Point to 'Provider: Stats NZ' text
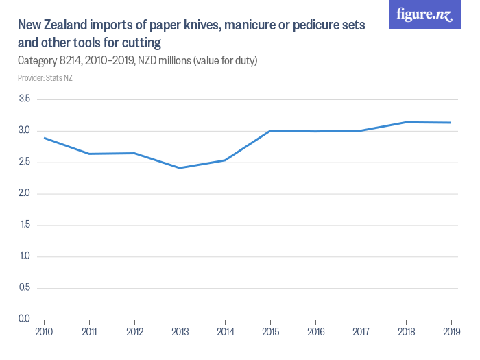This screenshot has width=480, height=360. [45, 78]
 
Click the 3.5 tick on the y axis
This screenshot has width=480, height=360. [25, 99]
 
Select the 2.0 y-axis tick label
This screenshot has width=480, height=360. [25, 193]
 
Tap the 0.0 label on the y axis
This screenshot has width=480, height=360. [25, 319]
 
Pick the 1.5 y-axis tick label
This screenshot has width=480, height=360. [25, 225]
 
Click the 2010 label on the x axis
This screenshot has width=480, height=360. [45, 331]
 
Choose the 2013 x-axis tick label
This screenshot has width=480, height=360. [180, 331]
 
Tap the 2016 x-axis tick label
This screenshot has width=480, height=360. [315, 331]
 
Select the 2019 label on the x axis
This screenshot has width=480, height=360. [451, 331]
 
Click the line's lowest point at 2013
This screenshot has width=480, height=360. [180, 168]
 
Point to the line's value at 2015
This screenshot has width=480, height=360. [270, 130]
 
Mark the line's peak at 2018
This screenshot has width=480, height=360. [406, 122]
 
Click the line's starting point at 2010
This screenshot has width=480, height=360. [45, 138]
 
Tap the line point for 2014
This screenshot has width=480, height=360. [225, 160]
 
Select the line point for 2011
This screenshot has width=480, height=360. [90, 154]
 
